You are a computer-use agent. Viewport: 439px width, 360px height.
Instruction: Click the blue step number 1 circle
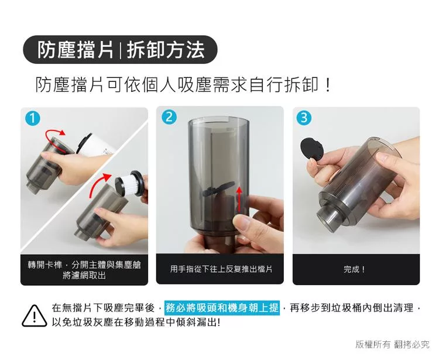32,118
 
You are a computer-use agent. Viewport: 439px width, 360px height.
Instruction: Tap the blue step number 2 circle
169,116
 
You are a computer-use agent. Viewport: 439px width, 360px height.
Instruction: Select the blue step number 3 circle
304,117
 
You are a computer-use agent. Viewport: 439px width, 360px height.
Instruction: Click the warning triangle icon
34,316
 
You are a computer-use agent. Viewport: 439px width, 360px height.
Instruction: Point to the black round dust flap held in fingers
312,149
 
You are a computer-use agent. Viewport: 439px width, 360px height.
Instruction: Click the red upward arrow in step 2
239,200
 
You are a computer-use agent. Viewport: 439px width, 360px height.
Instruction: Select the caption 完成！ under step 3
355,269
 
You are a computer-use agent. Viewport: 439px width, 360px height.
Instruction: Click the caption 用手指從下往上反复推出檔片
221,269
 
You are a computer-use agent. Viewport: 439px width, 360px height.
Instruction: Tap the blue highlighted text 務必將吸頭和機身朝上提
222,308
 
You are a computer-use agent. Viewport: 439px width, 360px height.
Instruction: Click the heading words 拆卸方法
166,50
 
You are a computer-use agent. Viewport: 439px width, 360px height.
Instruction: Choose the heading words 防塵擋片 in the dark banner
76,50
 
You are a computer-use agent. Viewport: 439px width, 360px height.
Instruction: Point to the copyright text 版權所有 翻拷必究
392,344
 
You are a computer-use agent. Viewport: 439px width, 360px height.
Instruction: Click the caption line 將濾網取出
84,276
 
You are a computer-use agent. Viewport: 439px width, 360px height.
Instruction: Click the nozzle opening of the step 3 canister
328,217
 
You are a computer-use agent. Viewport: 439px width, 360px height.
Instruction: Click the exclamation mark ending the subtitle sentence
328,84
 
